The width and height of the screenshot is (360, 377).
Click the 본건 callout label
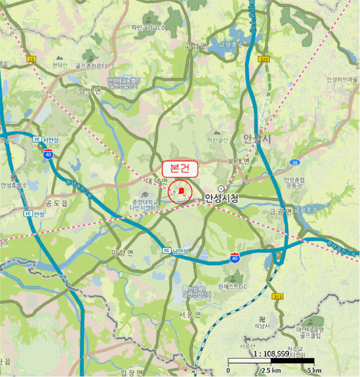click(181, 168)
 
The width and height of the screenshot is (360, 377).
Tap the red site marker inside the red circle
click(182, 191)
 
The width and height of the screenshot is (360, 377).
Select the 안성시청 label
click(221, 198)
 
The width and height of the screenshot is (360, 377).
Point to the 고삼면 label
click(196, 46)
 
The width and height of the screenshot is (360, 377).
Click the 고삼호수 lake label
click(230, 45)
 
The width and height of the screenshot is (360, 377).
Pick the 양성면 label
click(90, 91)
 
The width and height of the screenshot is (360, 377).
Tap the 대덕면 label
click(157, 181)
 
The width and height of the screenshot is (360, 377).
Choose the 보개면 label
click(239, 160)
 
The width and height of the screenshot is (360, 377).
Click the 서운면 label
click(191, 314)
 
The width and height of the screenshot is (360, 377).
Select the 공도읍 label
click(57, 204)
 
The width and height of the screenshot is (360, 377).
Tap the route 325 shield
click(263, 59)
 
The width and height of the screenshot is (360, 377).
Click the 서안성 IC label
click(45, 138)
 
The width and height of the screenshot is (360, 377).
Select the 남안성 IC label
click(176, 251)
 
